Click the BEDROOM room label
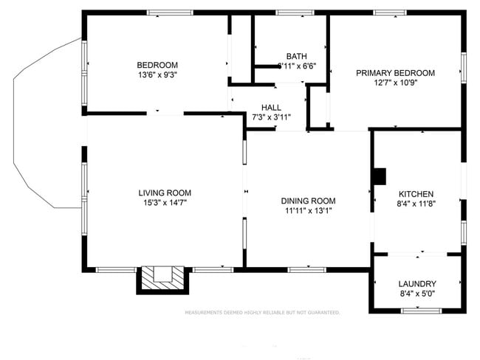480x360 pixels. pyautogui.click(x=157, y=64)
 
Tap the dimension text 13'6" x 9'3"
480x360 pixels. pyautogui.click(x=157, y=75)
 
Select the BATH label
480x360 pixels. pyautogui.click(x=297, y=56)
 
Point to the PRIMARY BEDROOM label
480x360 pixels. pyautogui.click(x=395, y=73)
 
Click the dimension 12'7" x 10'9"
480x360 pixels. pyautogui.click(x=395, y=83)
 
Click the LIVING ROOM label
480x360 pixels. pyautogui.click(x=165, y=193)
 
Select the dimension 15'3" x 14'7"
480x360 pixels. pyautogui.click(x=165, y=203)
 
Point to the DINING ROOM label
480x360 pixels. pyautogui.click(x=308, y=201)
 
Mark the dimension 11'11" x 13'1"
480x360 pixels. pyautogui.click(x=308, y=211)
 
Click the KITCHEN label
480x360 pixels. pyautogui.click(x=416, y=193)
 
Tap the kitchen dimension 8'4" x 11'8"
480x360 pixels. pyautogui.click(x=416, y=204)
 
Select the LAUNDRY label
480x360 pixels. pyautogui.click(x=417, y=284)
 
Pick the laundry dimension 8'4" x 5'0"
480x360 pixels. pyautogui.click(x=417, y=294)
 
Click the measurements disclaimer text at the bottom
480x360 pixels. pyautogui.click(x=262, y=313)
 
